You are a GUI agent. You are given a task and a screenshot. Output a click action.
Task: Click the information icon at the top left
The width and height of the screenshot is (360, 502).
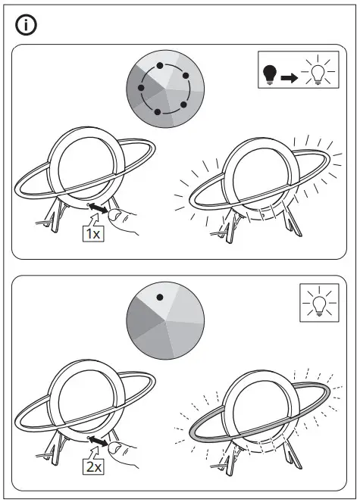point(27,25)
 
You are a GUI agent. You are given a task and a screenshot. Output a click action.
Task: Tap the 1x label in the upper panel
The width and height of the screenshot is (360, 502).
point(92,234)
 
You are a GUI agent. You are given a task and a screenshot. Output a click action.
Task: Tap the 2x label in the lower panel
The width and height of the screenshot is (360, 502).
point(92,467)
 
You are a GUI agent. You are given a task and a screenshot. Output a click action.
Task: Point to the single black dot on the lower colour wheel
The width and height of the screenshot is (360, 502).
point(161,297)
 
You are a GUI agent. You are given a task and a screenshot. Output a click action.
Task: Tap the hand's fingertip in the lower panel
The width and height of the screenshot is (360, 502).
point(114,450)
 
